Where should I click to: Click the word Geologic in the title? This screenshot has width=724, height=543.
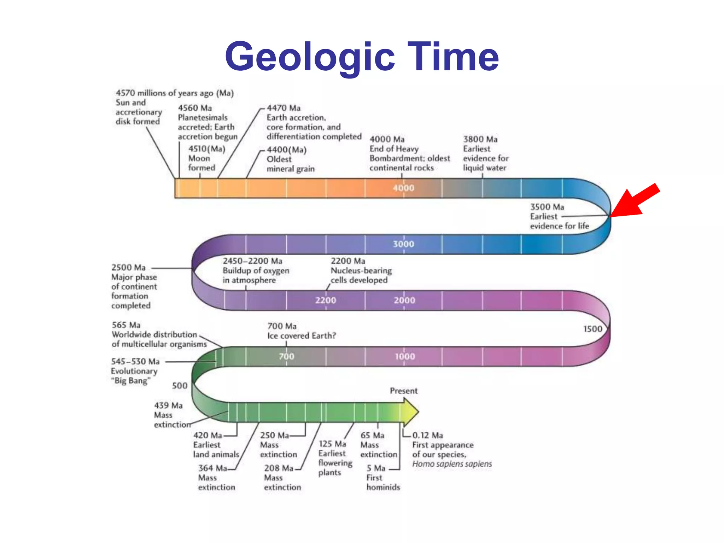[x=310, y=57]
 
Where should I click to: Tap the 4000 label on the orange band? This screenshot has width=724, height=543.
[x=403, y=188]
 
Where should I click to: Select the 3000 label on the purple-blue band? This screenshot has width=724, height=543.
[x=403, y=244]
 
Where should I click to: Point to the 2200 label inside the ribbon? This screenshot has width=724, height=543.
[x=326, y=300]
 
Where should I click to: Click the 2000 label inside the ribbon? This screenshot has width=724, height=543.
[x=404, y=300]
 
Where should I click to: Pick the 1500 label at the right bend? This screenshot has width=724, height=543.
[x=593, y=329]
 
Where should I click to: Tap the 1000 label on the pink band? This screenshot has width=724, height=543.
[x=405, y=357]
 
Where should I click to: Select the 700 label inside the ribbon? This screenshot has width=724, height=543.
[x=286, y=357]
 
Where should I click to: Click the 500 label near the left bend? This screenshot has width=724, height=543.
[x=180, y=386]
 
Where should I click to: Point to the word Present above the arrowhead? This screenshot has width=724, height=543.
[x=404, y=391]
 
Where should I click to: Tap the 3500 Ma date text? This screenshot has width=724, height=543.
[x=547, y=207]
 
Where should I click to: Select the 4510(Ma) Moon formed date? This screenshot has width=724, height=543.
[x=207, y=149]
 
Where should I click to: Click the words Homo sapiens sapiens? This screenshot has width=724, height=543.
[x=452, y=464]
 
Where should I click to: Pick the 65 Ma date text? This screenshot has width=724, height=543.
[x=372, y=436]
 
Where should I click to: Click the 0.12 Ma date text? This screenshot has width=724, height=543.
[x=427, y=436]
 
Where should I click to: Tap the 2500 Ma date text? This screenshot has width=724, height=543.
[x=128, y=268]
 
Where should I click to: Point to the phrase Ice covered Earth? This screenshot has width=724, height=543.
[x=302, y=336]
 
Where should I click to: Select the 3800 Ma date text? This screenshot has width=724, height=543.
[x=480, y=139]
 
